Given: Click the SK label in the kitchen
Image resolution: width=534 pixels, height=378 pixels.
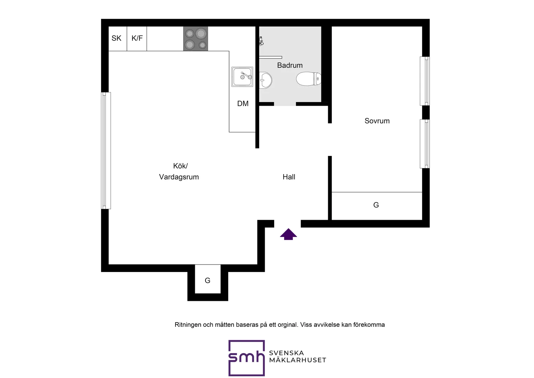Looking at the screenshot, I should point(116,38).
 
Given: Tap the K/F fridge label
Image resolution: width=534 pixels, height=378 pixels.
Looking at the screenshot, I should point(137,38).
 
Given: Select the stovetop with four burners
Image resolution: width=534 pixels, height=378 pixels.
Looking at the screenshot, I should point(195,39).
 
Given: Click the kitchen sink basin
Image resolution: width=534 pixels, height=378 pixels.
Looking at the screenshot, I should point(242,77).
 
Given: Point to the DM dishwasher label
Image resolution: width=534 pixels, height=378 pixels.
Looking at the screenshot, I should point(243,104).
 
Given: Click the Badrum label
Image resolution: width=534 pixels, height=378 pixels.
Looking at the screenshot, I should point(290,65).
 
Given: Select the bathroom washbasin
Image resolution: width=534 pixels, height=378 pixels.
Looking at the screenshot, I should point(265,80).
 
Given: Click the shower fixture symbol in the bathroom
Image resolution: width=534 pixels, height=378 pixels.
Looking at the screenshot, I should point(261,41).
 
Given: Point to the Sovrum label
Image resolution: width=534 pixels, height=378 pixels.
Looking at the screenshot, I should point(377,121).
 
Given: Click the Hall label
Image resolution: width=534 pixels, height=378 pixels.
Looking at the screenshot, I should point(289,177).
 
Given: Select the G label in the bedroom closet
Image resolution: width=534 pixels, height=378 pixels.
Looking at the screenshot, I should point(376,205).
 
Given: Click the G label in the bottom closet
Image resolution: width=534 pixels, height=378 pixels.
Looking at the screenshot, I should point(207,281).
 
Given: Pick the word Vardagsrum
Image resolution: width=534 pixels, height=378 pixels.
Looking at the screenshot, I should point(179,177).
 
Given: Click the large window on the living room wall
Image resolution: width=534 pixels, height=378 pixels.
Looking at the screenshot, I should point(106,150).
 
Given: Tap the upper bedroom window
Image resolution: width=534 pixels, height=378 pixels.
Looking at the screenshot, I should point(425,81).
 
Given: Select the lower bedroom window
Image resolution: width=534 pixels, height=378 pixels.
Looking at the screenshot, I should point(425,144).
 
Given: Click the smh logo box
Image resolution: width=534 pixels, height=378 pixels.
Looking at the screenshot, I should point(247,358).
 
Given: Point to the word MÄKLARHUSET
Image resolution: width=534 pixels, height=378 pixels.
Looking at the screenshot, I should point(297,360).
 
